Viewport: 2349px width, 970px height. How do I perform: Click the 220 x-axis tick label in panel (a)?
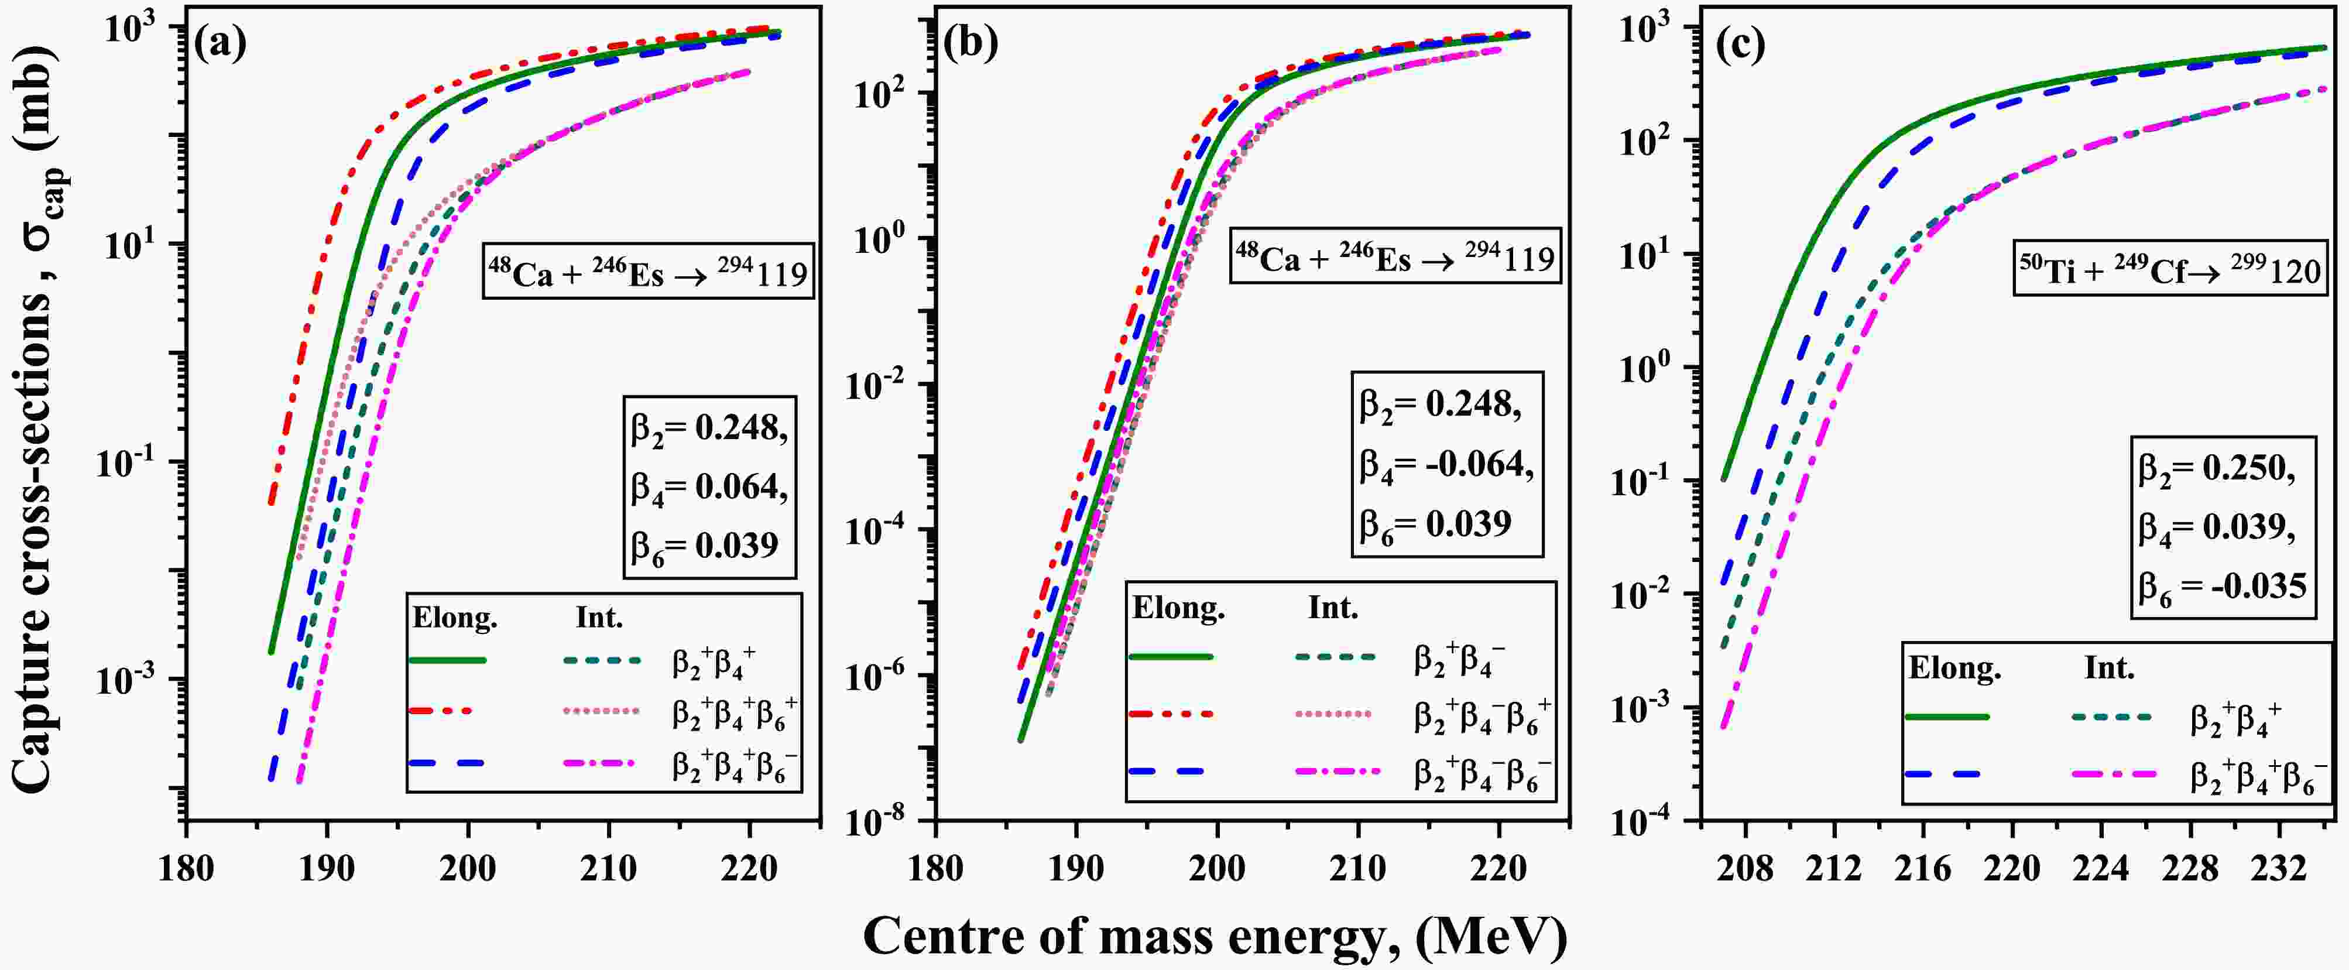tap(750, 868)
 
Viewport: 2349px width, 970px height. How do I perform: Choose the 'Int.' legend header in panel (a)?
tap(599, 618)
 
